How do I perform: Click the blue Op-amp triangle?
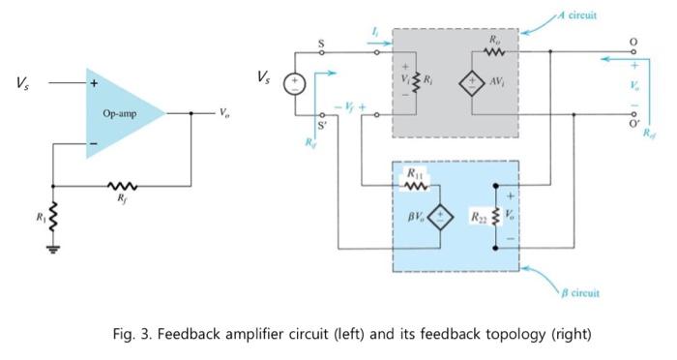coord(120,112)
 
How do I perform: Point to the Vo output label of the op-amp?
coord(223,112)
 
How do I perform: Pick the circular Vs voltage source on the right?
coord(294,85)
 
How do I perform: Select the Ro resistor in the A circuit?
coord(495,50)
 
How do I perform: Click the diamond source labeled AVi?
coord(474,82)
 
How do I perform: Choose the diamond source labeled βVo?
coord(441,215)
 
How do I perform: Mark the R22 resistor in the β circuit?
coord(495,214)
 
